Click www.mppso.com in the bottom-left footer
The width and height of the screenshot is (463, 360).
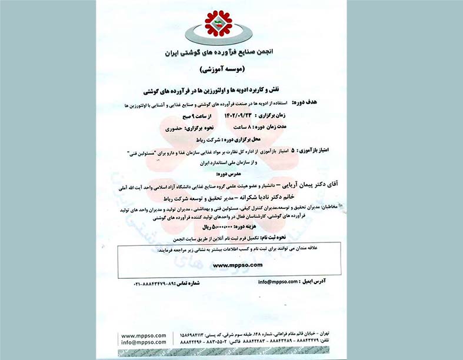coord(144,334)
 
